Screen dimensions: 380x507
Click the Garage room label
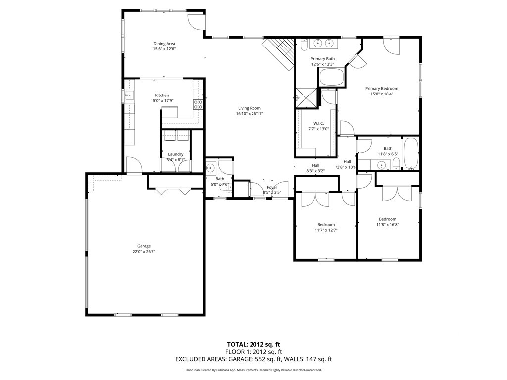click(144, 246)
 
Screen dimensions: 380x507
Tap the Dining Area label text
click(164, 44)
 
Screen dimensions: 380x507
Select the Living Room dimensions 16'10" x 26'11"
click(249, 114)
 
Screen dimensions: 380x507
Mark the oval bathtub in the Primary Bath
click(331, 77)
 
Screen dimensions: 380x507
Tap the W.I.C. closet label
click(318, 123)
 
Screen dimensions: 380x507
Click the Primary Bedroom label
click(382, 89)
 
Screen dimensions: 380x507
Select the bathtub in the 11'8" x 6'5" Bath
click(410, 154)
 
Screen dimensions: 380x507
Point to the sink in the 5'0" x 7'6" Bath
click(210, 167)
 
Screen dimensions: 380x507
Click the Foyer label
click(272, 187)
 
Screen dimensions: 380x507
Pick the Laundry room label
click(175, 154)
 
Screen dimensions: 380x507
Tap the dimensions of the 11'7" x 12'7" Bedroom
click(326, 230)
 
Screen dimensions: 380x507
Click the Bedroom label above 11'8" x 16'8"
click(388, 219)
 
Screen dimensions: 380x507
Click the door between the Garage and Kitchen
click(134, 166)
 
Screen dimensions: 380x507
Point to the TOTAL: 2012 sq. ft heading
click(253, 344)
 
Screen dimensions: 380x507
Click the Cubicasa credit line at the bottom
click(253, 370)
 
